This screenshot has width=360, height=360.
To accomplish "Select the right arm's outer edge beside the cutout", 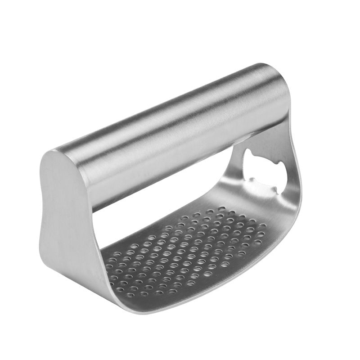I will (292, 180).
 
